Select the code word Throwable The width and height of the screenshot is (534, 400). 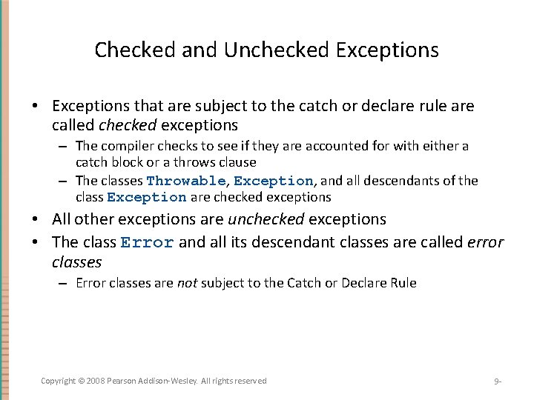185,181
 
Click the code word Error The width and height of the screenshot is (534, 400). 148,242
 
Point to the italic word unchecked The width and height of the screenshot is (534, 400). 266,219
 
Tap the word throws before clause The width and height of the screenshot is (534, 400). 197,162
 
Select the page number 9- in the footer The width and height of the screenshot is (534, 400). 498,381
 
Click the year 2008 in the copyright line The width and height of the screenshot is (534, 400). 95,381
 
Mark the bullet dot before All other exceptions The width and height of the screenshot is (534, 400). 36,219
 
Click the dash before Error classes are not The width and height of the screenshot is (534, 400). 65,283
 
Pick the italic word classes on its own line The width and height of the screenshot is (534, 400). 76,262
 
